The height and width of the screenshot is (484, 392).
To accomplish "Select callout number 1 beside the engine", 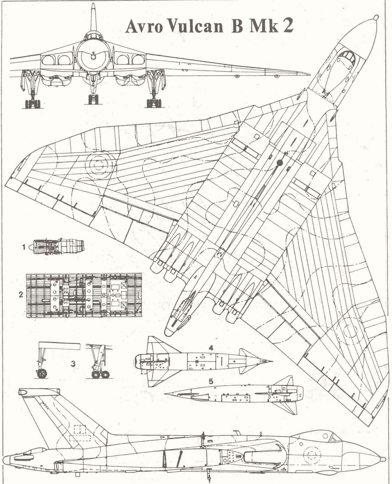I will click(25, 247).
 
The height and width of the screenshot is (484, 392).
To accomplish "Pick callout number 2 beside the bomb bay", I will click(21, 294).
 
